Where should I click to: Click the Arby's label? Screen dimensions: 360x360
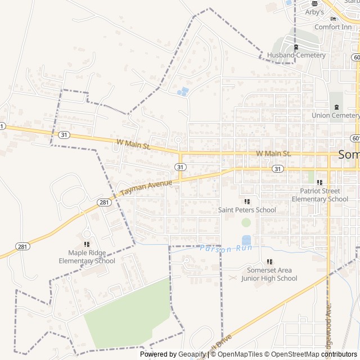tap(314, 12)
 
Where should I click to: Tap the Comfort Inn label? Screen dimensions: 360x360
tap(334, 26)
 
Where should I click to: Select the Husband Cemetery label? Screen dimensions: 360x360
tap(296, 55)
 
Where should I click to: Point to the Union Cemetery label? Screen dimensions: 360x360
tap(335, 115)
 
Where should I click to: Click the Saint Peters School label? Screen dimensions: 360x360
tap(247, 210)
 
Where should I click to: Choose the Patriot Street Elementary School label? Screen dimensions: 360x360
tap(319, 195)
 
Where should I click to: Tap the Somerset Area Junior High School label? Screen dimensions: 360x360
tap(269, 274)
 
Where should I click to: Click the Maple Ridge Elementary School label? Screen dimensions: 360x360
tap(87, 257)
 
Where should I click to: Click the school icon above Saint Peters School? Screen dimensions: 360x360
tap(247, 201)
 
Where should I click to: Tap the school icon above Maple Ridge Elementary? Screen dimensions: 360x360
tap(87, 244)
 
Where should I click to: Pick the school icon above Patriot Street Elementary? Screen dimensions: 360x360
tap(319, 182)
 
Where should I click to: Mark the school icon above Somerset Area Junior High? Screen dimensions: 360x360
tap(269, 262)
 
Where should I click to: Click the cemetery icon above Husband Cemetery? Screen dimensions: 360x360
tap(296, 47)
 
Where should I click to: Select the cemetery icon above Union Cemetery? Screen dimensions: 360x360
tap(336, 107)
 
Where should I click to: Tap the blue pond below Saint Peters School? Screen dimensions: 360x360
tap(246, 240)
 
